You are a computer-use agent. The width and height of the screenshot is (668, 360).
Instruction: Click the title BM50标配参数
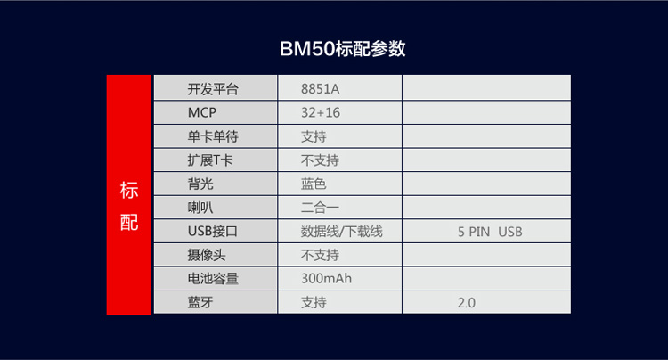[343, 49]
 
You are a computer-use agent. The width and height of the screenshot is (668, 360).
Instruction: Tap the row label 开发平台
[213, 89]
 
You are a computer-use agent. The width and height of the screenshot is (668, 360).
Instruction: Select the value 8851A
[320, 89]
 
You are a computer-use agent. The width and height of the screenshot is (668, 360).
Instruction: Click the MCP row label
[202, 112]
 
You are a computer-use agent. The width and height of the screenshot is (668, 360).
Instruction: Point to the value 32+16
[321, 112]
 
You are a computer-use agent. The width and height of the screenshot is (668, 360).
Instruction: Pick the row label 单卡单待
[213, 136]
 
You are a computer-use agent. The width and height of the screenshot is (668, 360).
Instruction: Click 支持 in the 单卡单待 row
[314, 136]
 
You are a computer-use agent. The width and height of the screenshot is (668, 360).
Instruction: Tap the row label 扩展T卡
[210, 160]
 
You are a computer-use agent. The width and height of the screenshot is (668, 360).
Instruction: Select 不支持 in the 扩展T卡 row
[320, 160]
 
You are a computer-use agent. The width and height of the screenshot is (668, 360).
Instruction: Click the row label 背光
[200, 184]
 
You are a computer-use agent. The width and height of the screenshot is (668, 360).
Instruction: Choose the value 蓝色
[314, 184]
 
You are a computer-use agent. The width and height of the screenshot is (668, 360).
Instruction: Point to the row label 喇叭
[200, 208]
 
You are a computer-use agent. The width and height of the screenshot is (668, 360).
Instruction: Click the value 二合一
[320, 208]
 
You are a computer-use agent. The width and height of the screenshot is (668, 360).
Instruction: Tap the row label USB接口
[213, 232]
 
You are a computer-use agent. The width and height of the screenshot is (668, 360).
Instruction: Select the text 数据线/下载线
[342, 232]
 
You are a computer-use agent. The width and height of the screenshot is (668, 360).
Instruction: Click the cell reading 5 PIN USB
[490, 232]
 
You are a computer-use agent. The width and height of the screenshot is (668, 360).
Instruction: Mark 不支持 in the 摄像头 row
[320, 255]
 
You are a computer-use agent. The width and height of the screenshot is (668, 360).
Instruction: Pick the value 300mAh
[326, 278]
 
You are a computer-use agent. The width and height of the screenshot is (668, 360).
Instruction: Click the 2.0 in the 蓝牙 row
[467, 302]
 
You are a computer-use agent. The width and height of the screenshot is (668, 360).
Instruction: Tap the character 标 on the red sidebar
[129, 190]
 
